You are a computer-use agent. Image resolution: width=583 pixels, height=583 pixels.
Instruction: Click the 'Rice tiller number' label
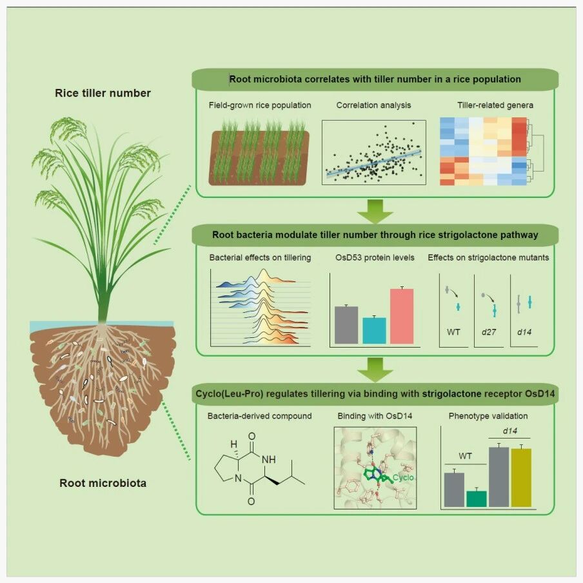pyautogui.click(x=103, y=93)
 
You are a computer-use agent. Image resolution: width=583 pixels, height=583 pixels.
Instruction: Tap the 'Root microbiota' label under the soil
pyautogui.click(x=103, y=483)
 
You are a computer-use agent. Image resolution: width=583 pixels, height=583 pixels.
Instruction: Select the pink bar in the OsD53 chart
pyautogui.click(x=402, y=316)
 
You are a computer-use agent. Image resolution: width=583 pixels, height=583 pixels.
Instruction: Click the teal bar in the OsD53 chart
pyautogui.click(x=375, y=331)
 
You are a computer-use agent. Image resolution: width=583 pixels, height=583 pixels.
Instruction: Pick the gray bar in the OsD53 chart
pyautogui.click(x=346, y=325)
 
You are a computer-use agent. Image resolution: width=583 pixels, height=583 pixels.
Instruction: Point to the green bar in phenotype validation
pyautogui.click(x=477, y=499)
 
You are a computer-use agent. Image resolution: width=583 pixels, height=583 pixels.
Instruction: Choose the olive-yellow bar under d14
pyautogui.click(x=522, y=478)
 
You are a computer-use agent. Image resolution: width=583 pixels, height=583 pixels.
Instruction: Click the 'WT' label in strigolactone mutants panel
pyautogui.click(x=453, y=332)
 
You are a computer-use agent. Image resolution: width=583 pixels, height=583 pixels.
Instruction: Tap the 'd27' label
pyautogui.click(x=489, y=332)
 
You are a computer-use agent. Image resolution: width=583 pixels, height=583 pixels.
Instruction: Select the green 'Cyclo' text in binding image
pyautogui.click(x=403, y=477)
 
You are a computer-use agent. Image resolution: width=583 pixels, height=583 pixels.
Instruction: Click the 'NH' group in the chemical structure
pyautogui.click(x=269, y=460)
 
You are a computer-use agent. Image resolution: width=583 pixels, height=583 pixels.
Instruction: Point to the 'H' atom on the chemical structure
pyautogui.click(x=233, y=444)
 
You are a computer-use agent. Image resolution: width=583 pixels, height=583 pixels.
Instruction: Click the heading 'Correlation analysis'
pyautogui.click(x=373, y=105)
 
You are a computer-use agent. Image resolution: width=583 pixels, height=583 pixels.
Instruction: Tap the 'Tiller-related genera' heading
pyautogui.click(x=495, y=105)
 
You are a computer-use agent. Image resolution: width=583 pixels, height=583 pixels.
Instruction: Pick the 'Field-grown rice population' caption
pyautogui.click(x=260, y=105)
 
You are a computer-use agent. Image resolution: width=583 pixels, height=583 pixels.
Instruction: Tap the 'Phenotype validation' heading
pyautogui.click(x=488, y=416)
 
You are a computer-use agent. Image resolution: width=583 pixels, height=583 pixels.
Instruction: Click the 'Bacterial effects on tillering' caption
pyautogui.click(x=260, y=258)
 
